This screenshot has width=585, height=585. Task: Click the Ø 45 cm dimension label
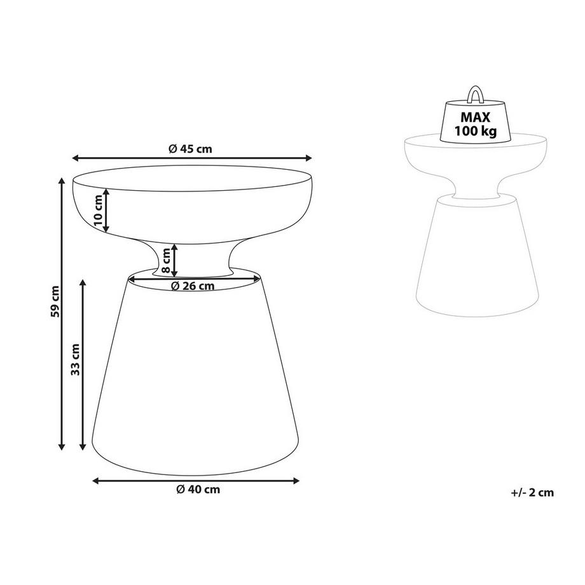coord(191,149)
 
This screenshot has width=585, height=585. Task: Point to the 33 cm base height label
coord(76,360)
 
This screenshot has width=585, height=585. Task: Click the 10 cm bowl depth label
coord(97,211)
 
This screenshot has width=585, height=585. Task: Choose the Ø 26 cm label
coord(193,286)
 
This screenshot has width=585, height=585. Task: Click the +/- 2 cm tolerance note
coord(532,492)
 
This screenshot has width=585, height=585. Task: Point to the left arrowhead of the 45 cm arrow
coord(76,158)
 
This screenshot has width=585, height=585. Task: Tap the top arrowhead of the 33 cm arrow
coord(83,281)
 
